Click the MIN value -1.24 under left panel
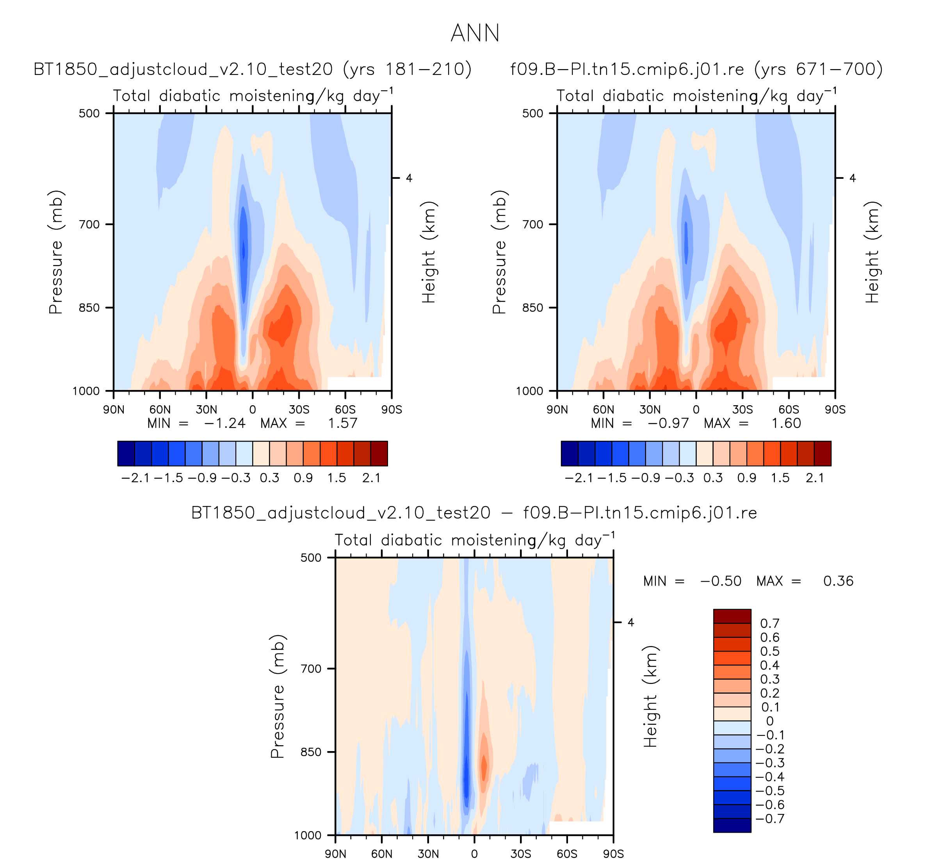[224, 423]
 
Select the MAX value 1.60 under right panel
[786, 423]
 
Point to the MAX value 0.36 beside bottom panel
[838, 581]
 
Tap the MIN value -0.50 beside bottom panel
[721, 581]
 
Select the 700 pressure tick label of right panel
[533, 224]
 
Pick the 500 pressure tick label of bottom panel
[311, 558]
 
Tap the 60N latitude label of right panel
[604, 410]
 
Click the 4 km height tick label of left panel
[409, 178]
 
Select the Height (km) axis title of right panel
[872, 252]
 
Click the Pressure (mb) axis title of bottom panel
[277, 697]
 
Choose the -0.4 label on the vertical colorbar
[770, 777]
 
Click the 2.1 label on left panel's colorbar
[371, 478]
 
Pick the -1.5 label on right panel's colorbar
[612, 478]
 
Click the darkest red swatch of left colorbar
[379, 453]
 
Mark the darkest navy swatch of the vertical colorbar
[732, 825]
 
